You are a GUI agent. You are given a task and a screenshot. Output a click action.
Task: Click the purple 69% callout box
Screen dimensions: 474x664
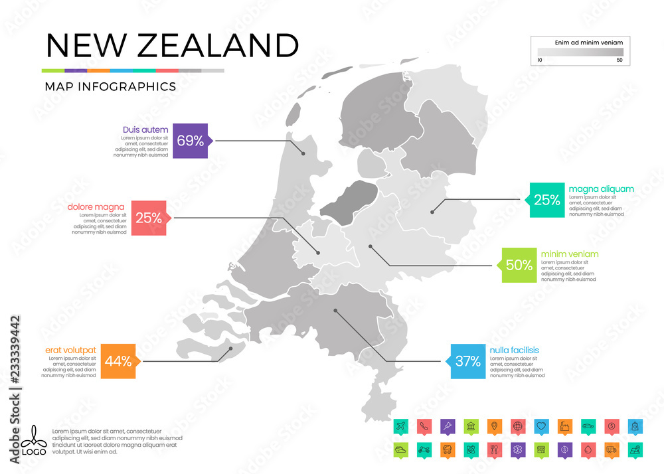(190, 140)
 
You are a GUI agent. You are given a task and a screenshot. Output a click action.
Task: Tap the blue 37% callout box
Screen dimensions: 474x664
(467, 361)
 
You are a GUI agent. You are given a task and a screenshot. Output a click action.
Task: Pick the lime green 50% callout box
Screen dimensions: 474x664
(519, 264)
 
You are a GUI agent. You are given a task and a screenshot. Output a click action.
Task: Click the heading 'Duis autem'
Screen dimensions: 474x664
(145, 129)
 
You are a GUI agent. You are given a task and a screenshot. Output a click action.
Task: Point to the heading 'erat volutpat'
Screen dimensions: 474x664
(71, 350)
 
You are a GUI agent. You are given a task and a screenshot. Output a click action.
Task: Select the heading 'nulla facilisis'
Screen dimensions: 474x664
(514, 350)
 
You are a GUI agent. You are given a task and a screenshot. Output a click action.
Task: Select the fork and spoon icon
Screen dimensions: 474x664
(493, 449)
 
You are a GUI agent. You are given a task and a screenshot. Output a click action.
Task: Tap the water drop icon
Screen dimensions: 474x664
(588, 449)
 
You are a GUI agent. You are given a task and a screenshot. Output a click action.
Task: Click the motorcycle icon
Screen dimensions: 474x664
(423, 449)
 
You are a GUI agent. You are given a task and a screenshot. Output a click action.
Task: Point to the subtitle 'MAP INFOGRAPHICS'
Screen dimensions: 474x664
(110, 86)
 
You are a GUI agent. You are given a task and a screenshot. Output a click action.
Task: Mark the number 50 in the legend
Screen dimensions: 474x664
(620, 60)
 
